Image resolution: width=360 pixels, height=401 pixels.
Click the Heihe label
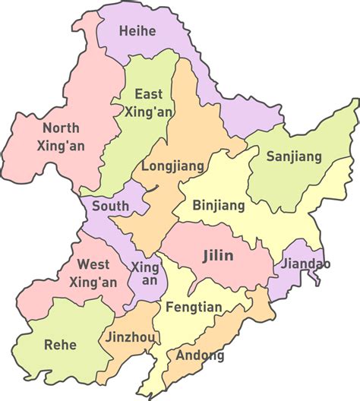tap(137, 31)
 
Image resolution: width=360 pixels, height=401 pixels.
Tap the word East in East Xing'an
tap(148, 94)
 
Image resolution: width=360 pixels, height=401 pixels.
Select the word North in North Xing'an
tap(62, 128)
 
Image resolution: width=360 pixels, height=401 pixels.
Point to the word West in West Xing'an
tap(93, 265)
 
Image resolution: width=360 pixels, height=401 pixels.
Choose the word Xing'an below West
tap(93, 283)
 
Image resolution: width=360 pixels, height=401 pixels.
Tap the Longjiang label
tap(169, 165)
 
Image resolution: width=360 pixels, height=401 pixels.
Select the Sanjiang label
tap(294, 156)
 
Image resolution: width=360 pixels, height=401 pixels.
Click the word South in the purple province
tap(110, 205)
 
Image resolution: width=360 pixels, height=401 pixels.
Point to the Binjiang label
tap(219, 205)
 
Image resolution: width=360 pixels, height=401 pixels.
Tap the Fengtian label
tap(193, 308)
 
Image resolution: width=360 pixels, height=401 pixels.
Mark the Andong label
tap(200, 355)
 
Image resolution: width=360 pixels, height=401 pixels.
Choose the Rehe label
tap(61, 344)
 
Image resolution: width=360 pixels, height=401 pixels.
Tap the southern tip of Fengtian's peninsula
tap(150, 395)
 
